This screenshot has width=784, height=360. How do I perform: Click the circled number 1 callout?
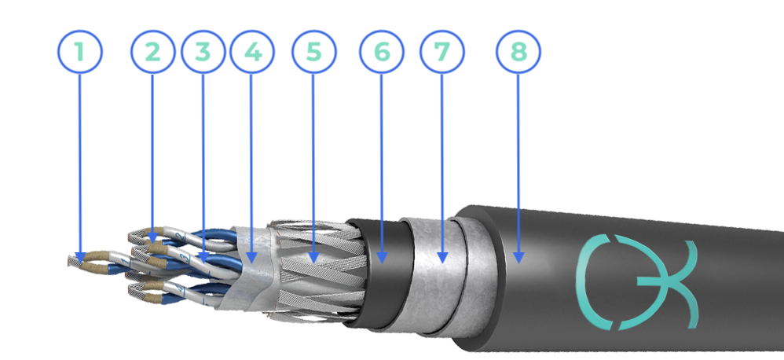pos(80,52)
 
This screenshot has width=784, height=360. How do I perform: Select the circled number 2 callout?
pos(153,52)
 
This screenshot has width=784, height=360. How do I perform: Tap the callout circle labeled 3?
pos(203,52)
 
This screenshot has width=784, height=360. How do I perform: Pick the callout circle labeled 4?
pos(252,52)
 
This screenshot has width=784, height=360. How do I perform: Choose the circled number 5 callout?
pos(314,52)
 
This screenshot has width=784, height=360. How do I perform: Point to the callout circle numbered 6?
pos(382,52)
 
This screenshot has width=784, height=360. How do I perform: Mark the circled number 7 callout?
pos(442,52)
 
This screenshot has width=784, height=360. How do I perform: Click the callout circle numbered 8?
pos(518,52)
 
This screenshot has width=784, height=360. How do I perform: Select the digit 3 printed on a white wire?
pos(185,258)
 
